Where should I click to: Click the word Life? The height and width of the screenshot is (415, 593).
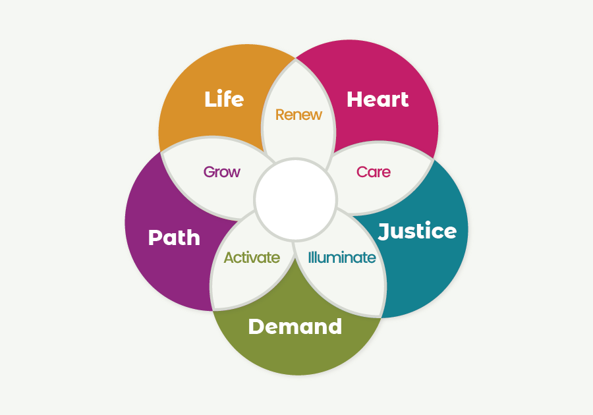coord(224,99)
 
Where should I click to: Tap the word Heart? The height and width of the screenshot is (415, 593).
coord(378,99)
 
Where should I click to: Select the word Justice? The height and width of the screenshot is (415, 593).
coord(417,231)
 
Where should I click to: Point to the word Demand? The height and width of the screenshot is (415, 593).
coord(295,326)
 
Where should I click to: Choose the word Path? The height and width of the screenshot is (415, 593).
coord(174,237)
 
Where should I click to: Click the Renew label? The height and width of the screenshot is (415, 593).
coord(298,115)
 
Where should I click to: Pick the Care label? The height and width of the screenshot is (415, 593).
coord(374,172)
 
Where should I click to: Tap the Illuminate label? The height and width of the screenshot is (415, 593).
coord(342,258)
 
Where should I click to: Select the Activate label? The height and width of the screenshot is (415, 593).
coord(252,258)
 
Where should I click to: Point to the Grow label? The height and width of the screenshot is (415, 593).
coord(221,172)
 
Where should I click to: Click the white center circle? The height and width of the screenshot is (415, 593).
coord(295,200)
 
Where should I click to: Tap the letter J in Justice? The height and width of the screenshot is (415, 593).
coord(385,231)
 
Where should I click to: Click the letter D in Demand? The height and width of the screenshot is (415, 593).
coord(257,327)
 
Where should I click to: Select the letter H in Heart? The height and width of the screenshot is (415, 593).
coord(354,99)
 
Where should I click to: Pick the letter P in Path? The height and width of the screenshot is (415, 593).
coord(155,237)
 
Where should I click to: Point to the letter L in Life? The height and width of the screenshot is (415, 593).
coord(210,99)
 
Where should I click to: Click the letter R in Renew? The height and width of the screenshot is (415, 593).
coord(280,115)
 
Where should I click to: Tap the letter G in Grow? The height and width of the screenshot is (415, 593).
coord(209,172)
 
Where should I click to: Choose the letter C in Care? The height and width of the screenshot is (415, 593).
coord(362,172)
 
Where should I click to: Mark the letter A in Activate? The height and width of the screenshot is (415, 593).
coord(229,258)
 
